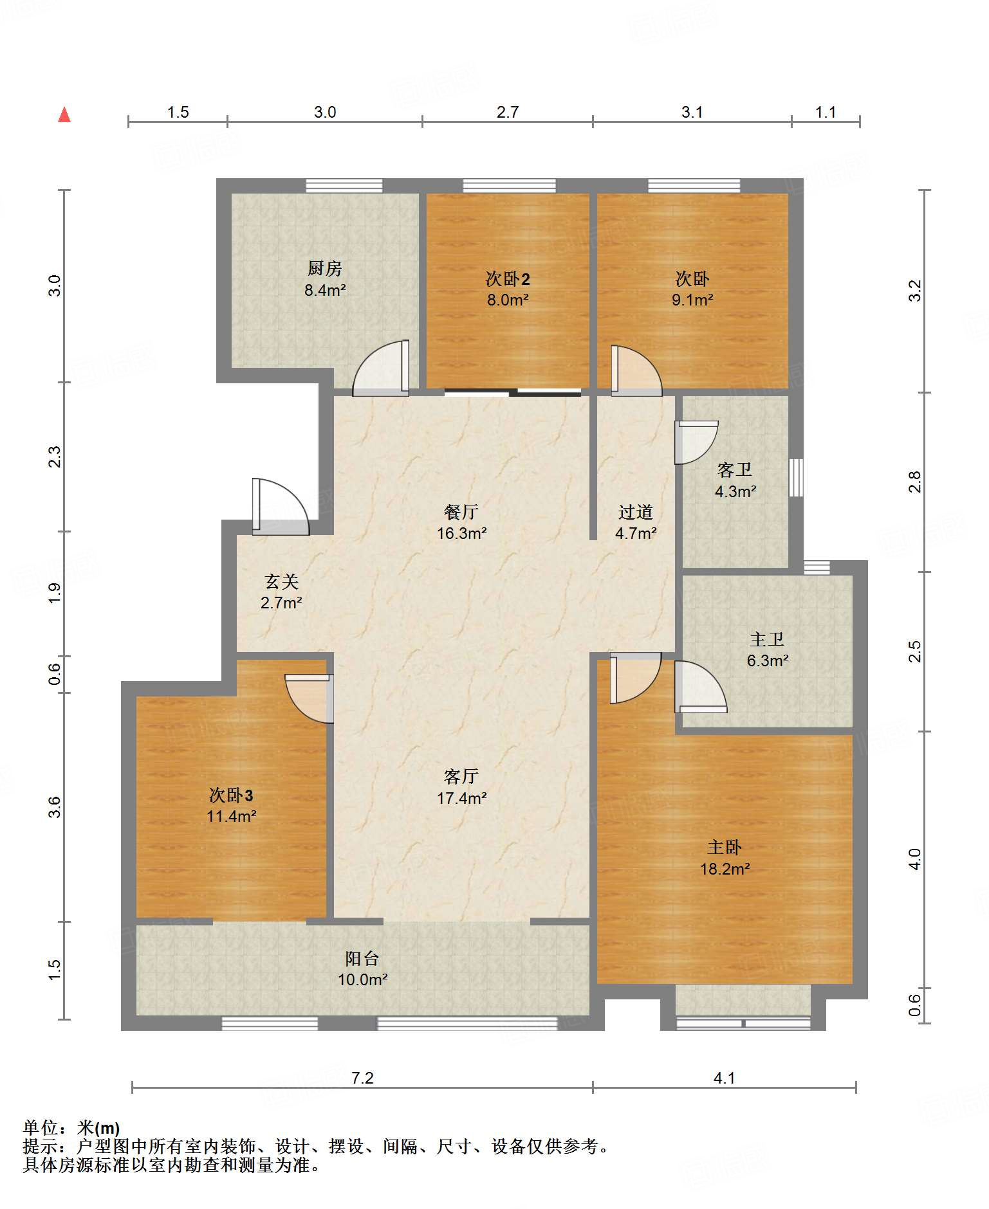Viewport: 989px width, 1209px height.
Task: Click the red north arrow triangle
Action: [x=64, y=114]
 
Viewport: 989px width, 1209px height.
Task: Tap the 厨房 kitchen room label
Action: [x=325, y=268]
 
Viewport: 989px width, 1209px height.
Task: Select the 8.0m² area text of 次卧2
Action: [x=508, y=300]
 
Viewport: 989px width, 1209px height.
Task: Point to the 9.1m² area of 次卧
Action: [x=692, y=300]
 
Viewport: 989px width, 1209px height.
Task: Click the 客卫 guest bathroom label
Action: [x=735, y=469]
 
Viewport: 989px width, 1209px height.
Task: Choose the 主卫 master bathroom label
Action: [x=767, y=639]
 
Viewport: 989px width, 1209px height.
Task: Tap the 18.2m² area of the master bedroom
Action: [x=725, y=869]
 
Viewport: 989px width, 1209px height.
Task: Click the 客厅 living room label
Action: [x=461, y=776]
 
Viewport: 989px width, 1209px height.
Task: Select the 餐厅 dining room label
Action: [x=461, y=512]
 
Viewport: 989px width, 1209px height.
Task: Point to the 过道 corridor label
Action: [x=636, y=512]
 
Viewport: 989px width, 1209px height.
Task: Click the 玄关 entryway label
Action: [x=282, y=581]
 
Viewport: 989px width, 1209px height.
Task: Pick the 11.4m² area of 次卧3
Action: [x=232, y=816]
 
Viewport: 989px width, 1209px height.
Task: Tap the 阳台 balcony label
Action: [x=362, y=958]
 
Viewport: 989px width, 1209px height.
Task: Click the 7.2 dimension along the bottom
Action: [x=362, y=1078]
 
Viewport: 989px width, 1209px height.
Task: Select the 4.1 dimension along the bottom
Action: [x=725, y=1078]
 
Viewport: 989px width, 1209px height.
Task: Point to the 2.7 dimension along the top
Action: [x=508, y=112]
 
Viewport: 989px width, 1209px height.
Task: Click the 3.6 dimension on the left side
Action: [x=55, y=807]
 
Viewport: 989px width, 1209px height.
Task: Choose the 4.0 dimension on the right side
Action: [x=914, y=859]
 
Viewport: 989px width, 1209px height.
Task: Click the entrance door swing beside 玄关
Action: [x=281, y=507]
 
